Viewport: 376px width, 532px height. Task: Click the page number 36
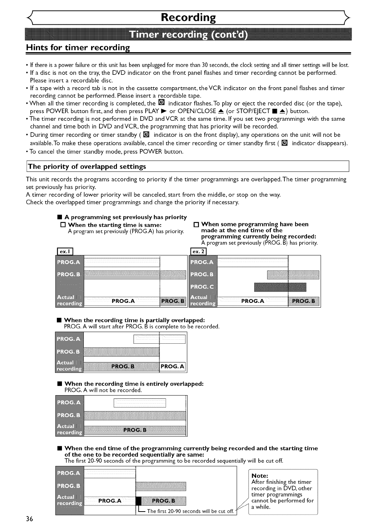[x=30, y=519]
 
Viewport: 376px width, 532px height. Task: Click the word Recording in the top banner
[x=188, y=18]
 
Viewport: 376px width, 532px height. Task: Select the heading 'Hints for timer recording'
[x=78, y=47]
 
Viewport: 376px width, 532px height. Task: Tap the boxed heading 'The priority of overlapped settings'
[x=87, y=166]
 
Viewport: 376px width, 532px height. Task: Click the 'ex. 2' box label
[x=199, y=251]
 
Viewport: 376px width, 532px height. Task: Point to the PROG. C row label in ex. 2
[x=202, y=286]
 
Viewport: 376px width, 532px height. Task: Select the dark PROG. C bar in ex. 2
[x=280, y=287]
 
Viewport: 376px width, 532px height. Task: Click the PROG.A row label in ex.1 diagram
[x=68, y=262]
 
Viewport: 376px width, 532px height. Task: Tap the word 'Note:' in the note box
[x=260, y=476]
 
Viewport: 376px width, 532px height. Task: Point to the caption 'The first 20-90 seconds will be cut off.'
[x=191, y=511]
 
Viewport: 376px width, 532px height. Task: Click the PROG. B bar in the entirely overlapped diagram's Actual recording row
[x=135, y=430]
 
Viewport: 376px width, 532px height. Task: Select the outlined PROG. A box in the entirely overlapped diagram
[x=140, y=403]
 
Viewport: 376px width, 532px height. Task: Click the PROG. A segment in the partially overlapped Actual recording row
[x=173, y=366]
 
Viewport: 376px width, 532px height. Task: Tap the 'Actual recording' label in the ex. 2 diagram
[x=203, y=300]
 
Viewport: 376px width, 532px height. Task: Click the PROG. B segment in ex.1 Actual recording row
[x=173, y=301]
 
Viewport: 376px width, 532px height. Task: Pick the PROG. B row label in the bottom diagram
[x=68, y=486]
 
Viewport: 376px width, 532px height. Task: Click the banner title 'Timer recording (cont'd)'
[x=188, y=35]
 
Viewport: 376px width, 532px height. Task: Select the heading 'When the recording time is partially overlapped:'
[x=134, y=320]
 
